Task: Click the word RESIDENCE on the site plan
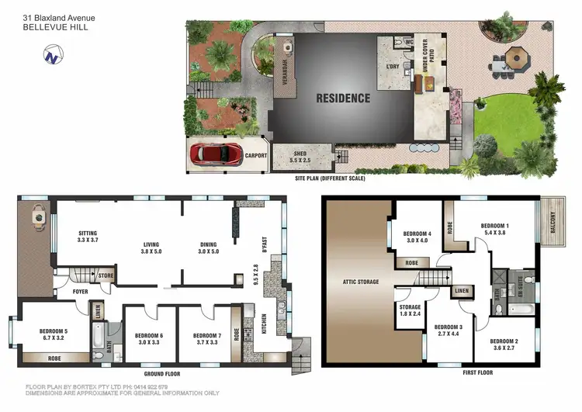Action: pyautogui.click(x=342, y=99)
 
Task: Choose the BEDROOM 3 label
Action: pyautogui.click(x=450, y=331)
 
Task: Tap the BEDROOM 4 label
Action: pyautogui.click(x=417, y=236)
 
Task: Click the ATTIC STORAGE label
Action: pyautogui.click(x=360, y=282)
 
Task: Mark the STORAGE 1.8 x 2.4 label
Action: pyautogui.click(x=411, y=310)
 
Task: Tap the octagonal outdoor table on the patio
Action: pyautogui.click(x=517, y=57)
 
